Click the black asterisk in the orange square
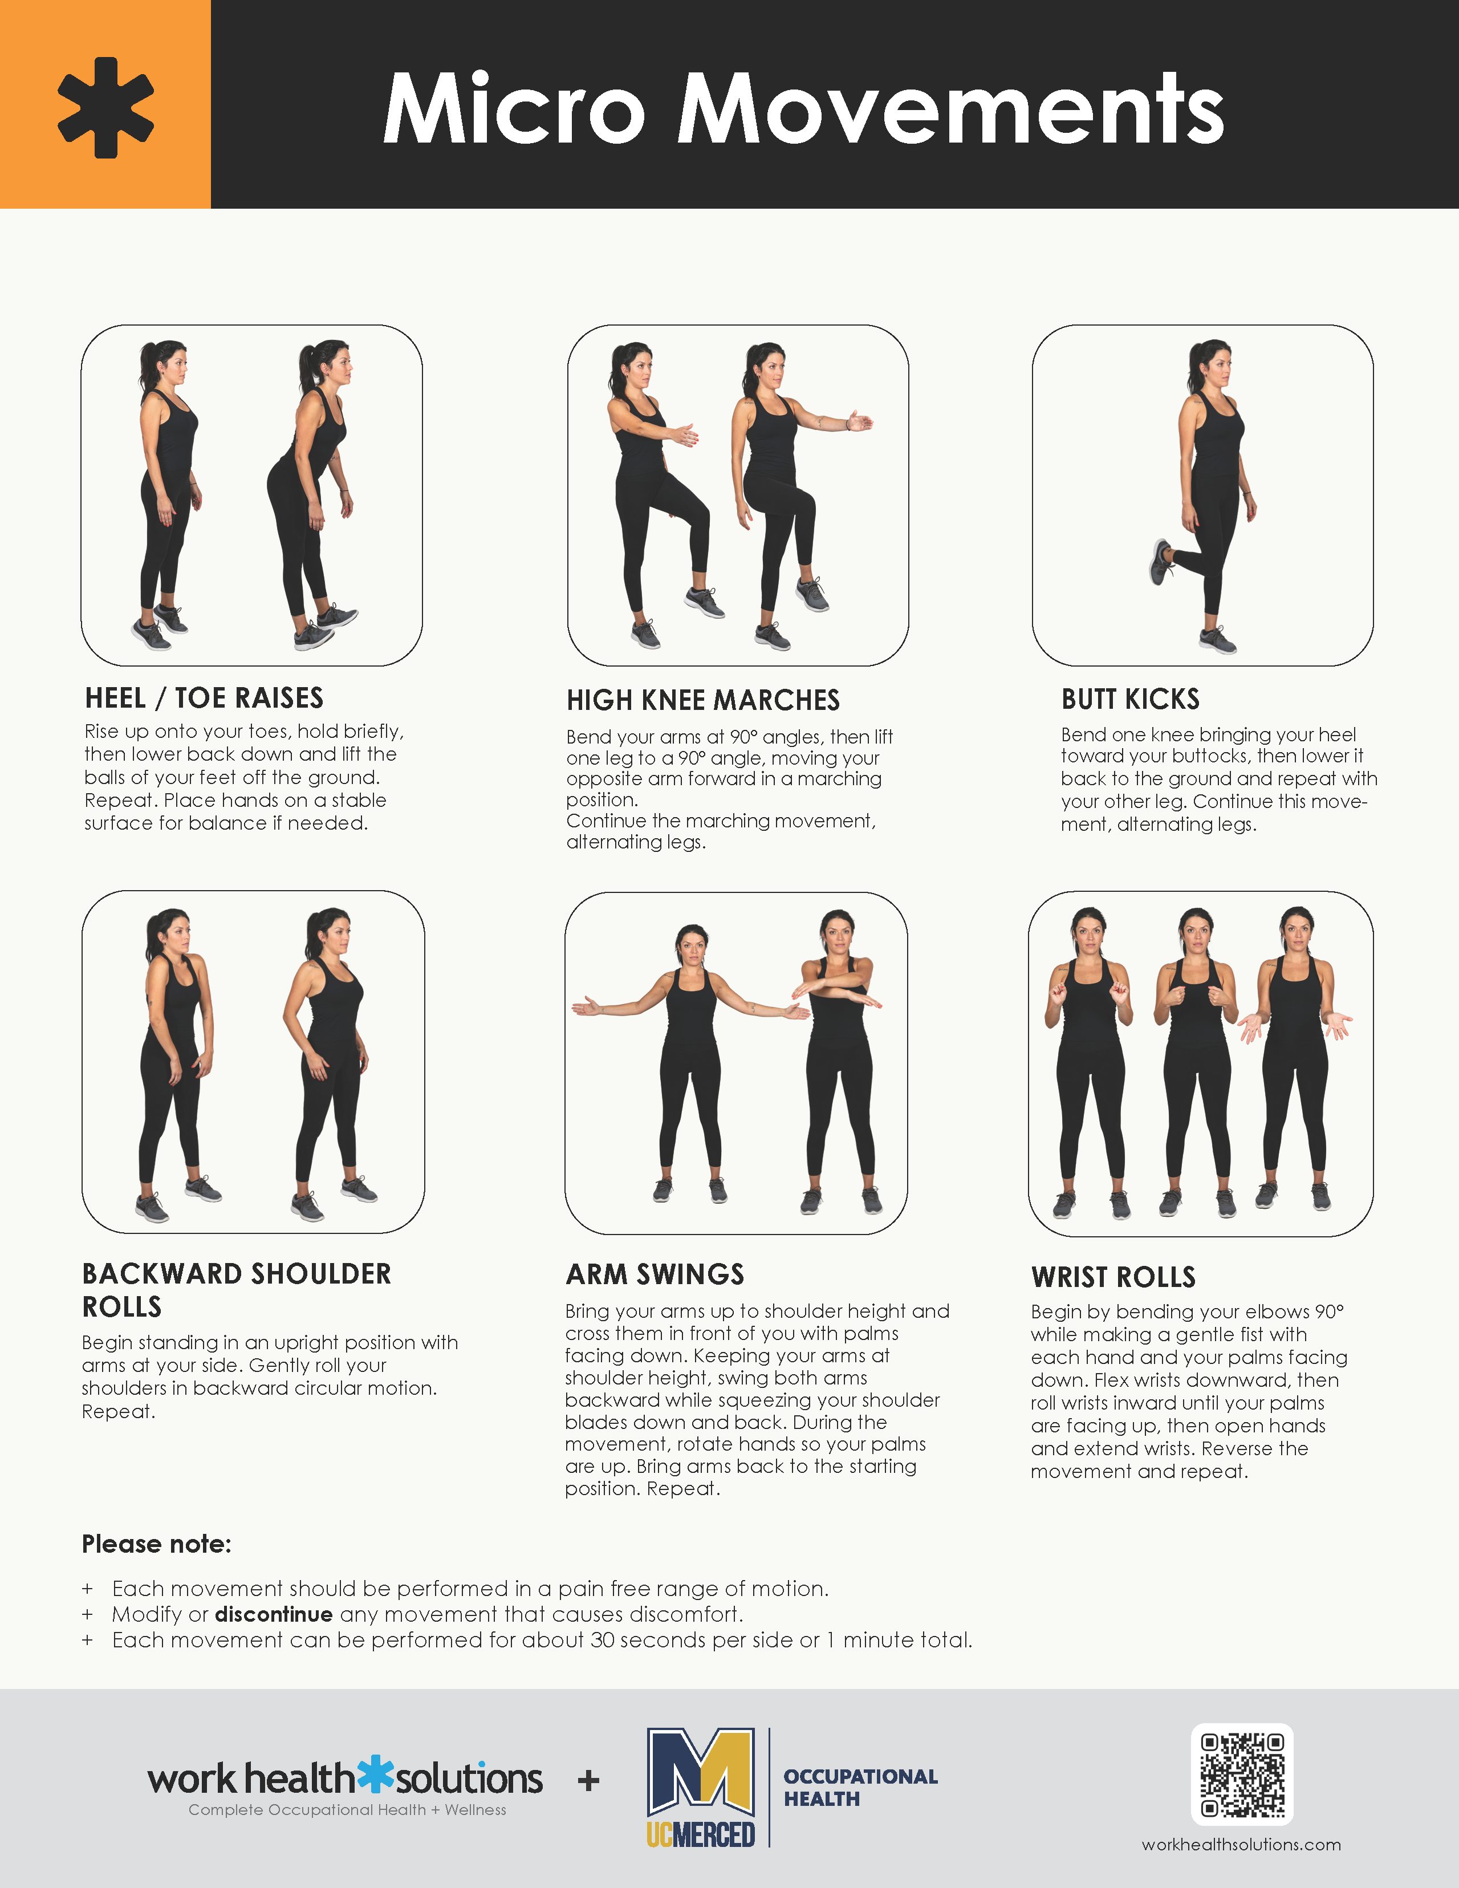105,107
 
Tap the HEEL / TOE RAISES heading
204,697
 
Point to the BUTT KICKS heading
1129,699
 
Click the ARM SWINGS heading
655,1274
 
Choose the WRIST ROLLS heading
1113,1277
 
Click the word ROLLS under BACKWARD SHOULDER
122,1307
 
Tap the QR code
1241,1774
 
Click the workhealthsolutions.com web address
1241,1844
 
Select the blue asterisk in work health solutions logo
376,1773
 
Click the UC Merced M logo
701,1772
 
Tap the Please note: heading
156,1544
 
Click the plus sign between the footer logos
588,1780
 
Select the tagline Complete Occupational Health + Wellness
347,1809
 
